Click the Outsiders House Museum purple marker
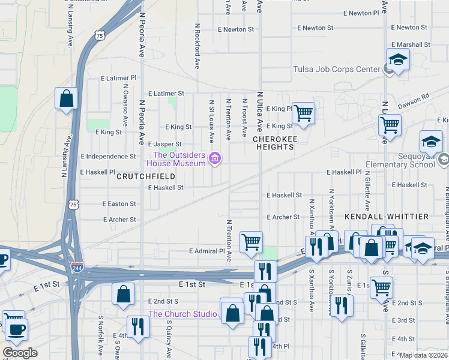(215, 159)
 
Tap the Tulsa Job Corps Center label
(336, 69)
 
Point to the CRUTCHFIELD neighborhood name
(145, 176)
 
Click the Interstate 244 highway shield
(76, 268)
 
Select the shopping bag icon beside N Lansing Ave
(66, 98)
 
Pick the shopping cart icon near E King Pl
(303, 112)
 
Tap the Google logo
(20, 353)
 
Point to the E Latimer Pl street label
(119, 78)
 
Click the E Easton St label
(119, 204)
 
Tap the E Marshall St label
(411, 44)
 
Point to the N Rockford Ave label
(197, 46)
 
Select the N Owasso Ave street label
(126, 105)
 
